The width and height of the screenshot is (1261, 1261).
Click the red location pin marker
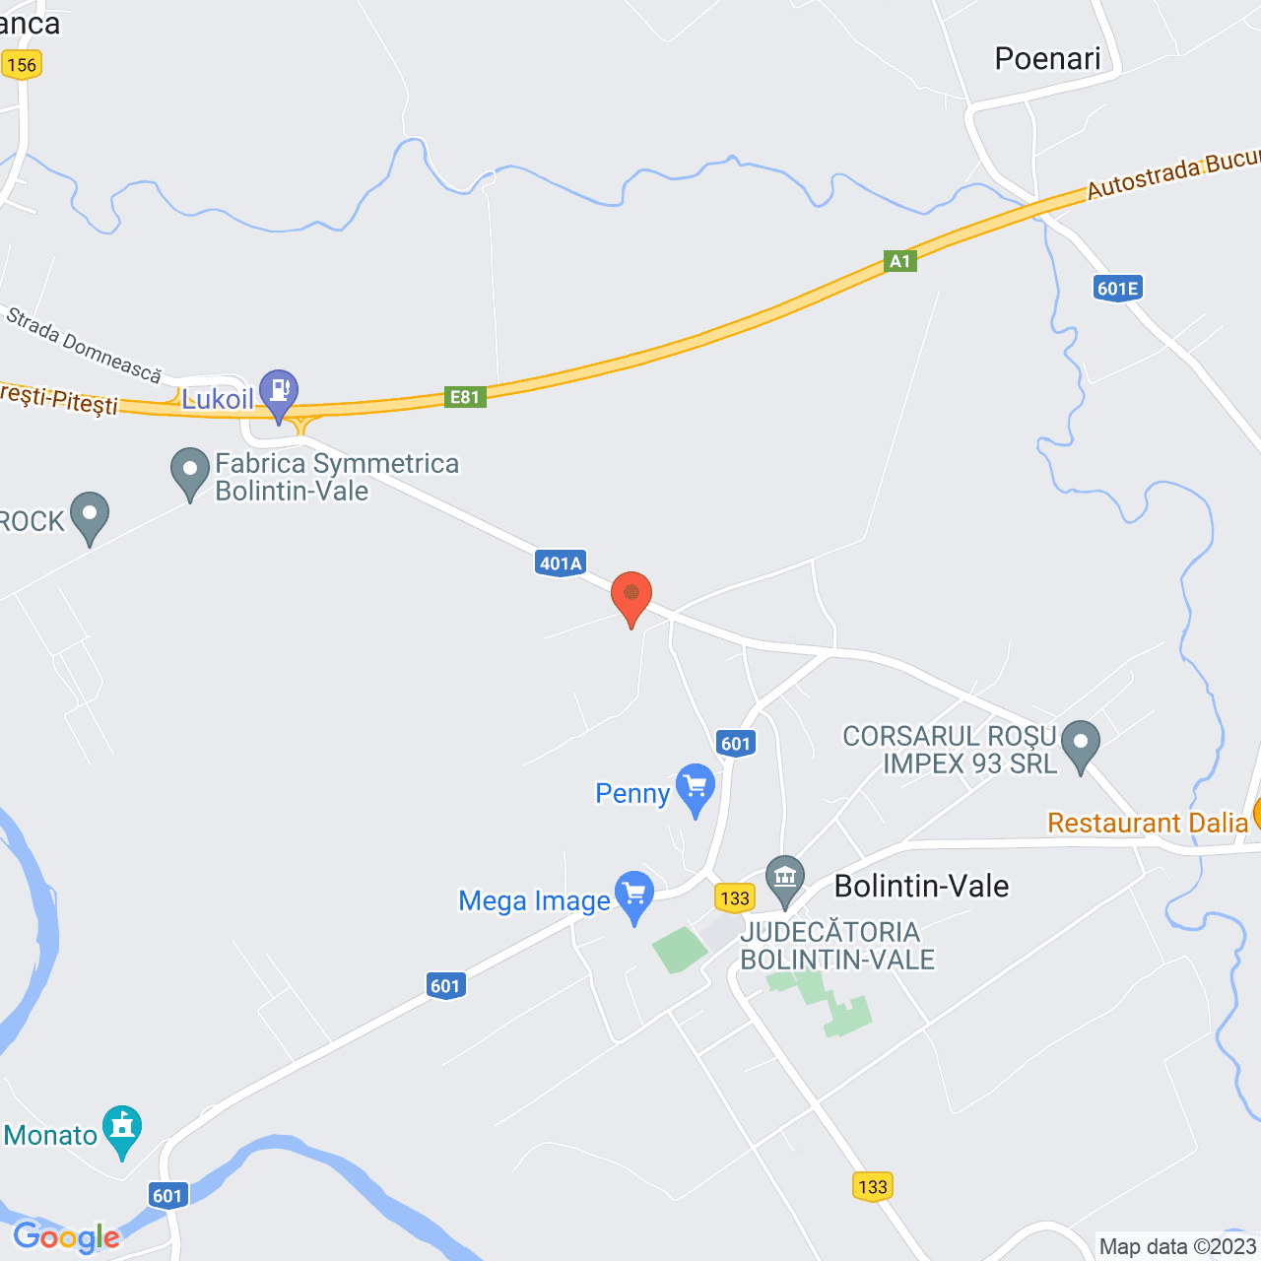tap(631, 595)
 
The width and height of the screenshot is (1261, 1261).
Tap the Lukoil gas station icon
tap(279, 391)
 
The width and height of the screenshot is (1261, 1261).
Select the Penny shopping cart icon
tap(697, 786)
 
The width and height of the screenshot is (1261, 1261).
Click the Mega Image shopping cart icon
tap(634, 894)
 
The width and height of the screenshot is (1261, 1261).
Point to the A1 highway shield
tap(900, 261)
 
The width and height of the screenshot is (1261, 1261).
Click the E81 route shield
tap(465, 397)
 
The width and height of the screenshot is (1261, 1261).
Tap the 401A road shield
tap(561, 563)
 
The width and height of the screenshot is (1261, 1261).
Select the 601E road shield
tap(1117, 288)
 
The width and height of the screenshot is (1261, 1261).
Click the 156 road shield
tap(21, 65)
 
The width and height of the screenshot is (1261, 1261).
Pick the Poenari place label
tap(1047, 59)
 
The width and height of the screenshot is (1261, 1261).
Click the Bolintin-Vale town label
tap(921, 886)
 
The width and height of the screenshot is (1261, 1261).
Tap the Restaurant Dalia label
tap(1148, 823)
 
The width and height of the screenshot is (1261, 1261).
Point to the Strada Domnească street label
tap(84, 345)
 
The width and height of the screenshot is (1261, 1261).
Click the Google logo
tap(66, 1237)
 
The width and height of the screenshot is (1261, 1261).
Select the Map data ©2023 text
tap(1177, 1246)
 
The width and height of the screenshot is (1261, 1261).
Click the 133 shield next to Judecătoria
tap(735, 897)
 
